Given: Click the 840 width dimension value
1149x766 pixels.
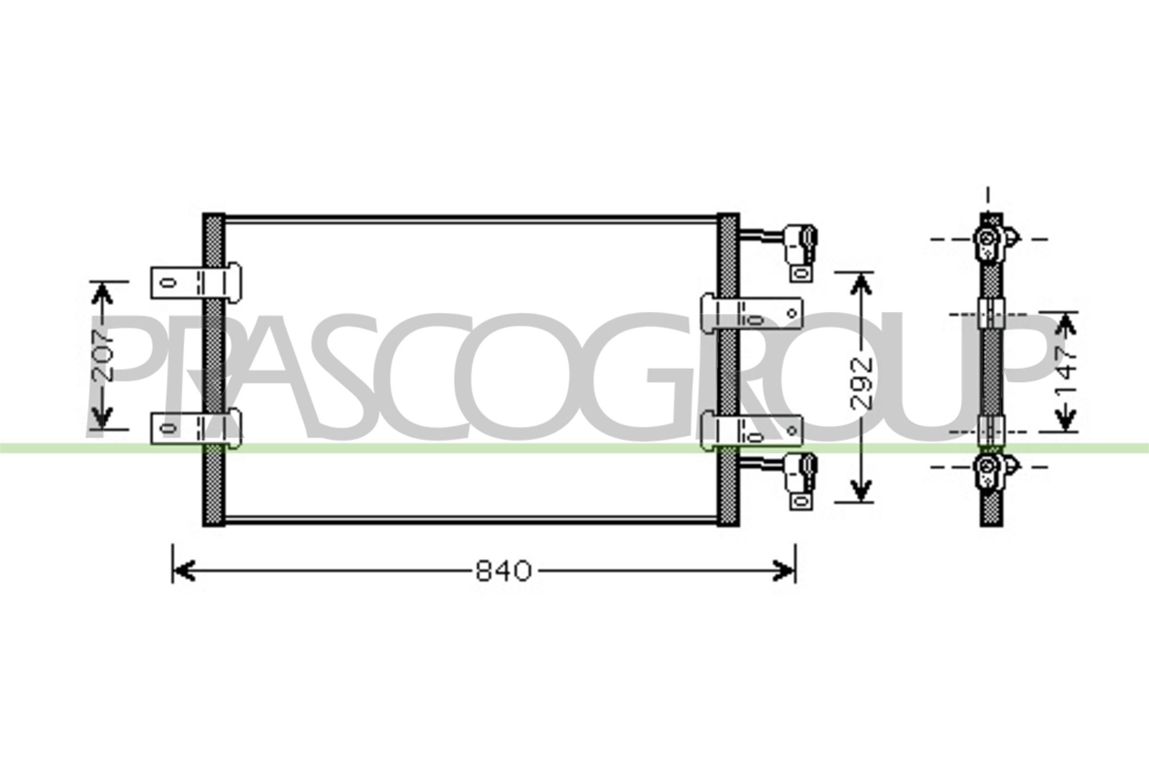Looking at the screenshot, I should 504,571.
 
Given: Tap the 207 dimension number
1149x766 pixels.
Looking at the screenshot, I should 103,355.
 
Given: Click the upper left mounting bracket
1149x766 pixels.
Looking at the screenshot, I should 195,282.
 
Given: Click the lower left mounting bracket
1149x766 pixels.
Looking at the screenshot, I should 195,428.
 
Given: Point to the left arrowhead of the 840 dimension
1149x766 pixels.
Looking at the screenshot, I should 185,571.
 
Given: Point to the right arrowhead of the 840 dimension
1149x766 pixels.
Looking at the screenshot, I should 784,571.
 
